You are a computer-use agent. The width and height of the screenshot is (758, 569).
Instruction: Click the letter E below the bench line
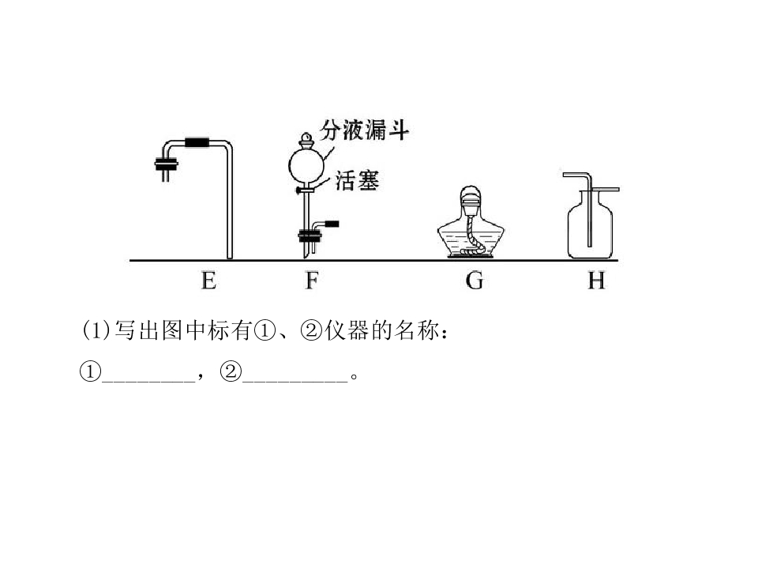(x=208, y=281)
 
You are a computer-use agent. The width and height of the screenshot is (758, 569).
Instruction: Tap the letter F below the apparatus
(x=312, y=281)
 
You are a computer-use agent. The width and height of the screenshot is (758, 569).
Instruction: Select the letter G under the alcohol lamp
(x=475, y=281)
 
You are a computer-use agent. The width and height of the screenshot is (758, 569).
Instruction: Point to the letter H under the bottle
(x=597, y=281)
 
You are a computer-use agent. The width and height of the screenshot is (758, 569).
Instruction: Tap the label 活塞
(x=357, y=180)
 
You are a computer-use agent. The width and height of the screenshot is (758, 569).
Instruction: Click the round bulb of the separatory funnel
(x=306, y=165)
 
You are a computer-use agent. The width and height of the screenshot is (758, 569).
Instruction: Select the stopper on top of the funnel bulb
(x=306, y=141)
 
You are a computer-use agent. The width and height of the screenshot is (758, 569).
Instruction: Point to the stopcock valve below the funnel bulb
(x=306, y=190)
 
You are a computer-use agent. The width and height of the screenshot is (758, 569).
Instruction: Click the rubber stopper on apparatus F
(x=310, y=236)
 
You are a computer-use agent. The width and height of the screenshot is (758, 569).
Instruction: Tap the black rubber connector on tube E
(x=197, y=143)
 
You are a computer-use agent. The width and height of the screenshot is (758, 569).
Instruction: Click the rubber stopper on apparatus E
(x=167, y=164)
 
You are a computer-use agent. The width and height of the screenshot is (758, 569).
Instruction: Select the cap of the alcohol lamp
(x=471, y=198)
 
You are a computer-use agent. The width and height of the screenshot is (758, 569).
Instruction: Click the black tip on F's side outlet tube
(x=332, y=224)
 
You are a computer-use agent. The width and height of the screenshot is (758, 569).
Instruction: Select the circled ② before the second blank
(x=231, y=371)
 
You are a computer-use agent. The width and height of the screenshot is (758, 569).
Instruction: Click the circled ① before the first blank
(x=90, y=371)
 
